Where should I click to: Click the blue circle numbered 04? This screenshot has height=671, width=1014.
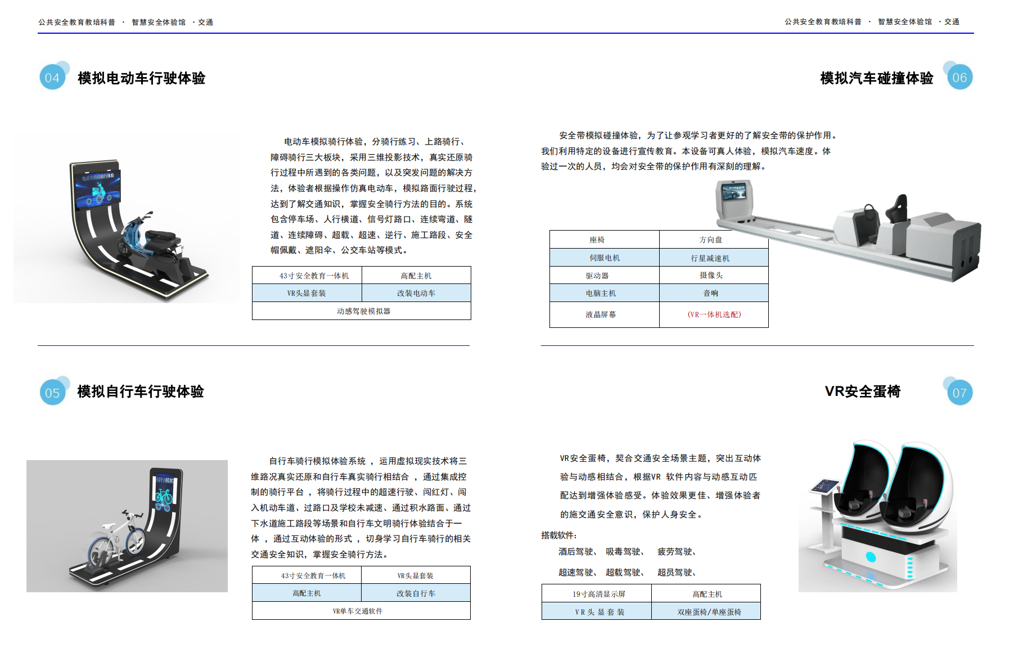tap(52, 77)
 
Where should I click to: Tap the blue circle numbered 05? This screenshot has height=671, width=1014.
tap(52, 393)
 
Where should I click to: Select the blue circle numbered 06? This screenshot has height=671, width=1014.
tap(959, 77)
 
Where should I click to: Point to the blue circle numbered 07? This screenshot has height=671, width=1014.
tap(959, 393)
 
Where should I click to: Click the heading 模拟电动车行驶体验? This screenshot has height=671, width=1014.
tap(141, 78)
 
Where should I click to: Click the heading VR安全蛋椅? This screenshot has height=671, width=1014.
tap(862, 391)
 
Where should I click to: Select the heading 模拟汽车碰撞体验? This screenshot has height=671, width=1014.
tap(876, 78)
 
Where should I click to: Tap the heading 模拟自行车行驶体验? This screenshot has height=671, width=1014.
tap(140, 391)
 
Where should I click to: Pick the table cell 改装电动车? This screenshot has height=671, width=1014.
tap(416, 293)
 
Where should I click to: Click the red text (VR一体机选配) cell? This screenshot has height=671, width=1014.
tap(714, 314)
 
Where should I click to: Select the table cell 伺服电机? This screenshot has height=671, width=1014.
tap(605, 258)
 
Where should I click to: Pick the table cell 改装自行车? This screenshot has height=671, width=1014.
tap(416, 593)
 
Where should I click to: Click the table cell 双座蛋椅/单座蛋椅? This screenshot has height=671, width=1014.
tap(706, 612)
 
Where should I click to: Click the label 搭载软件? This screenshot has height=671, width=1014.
tap(559, 535)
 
